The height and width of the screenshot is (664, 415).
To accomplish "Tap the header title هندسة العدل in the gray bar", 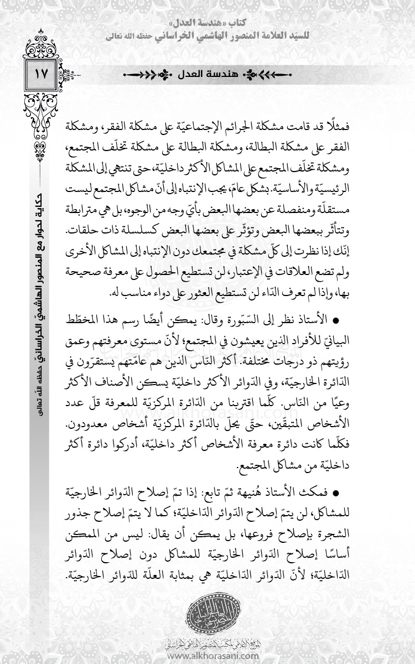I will tap(206, 74).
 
